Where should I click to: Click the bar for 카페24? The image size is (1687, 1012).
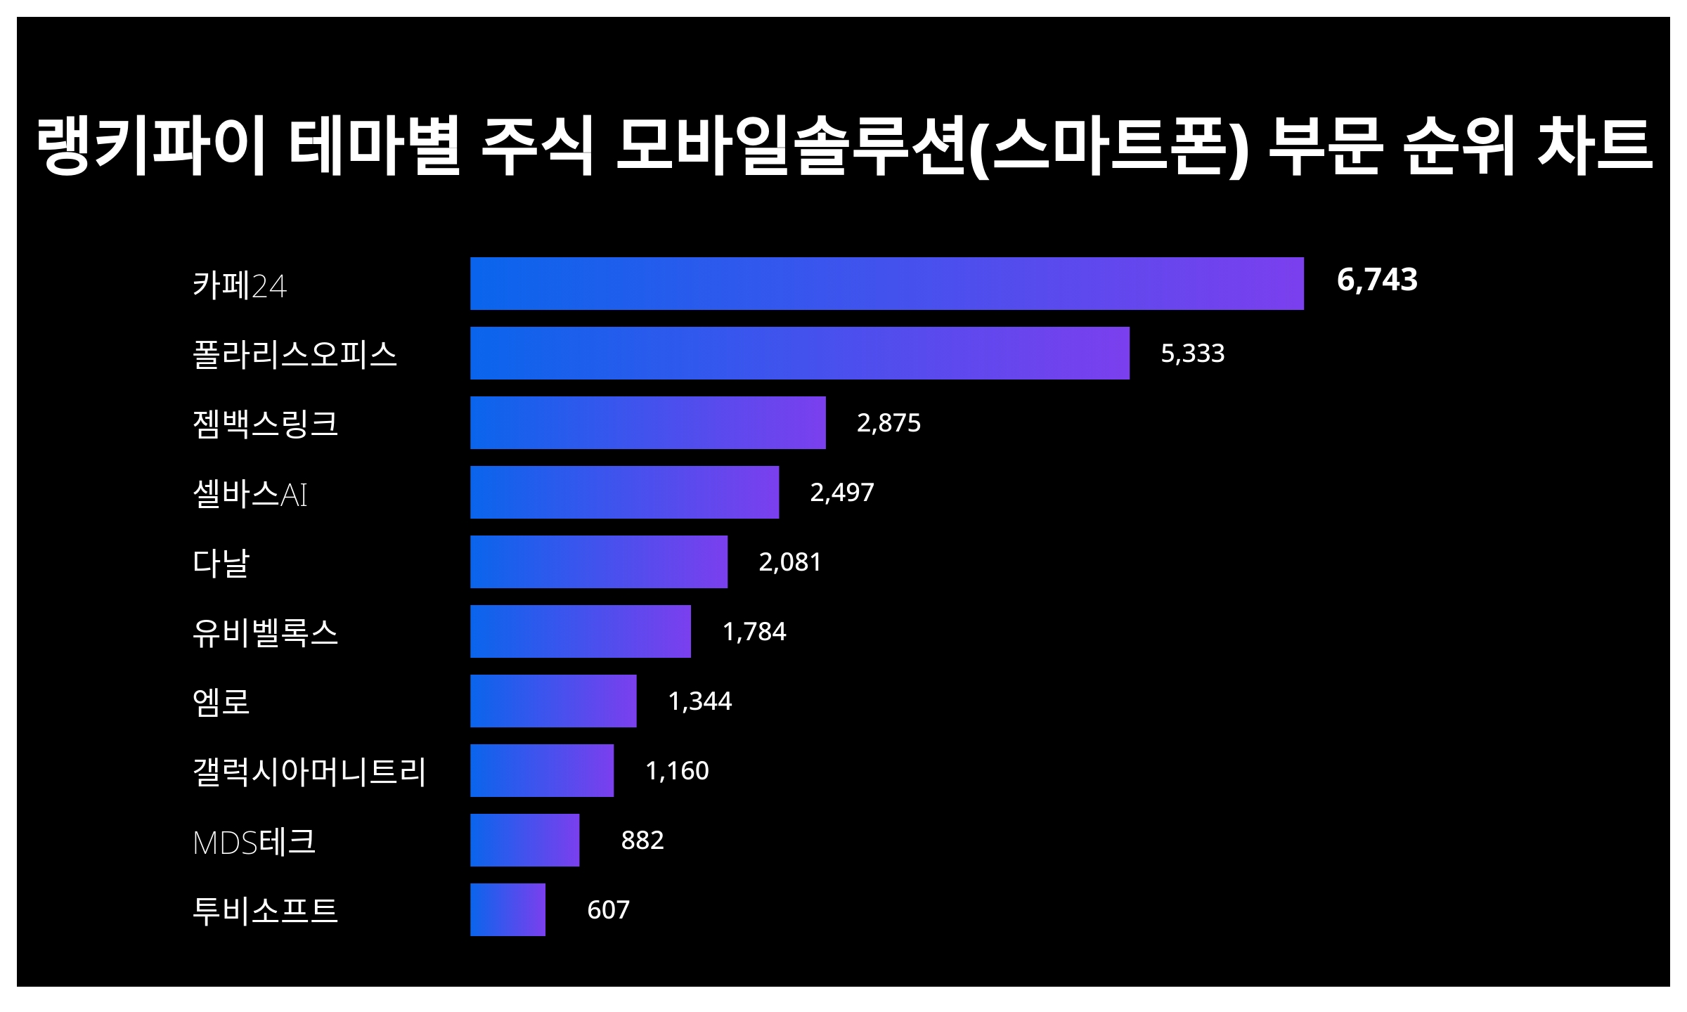[x=886, y=283]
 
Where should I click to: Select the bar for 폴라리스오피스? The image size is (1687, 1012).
[x=799, y=353]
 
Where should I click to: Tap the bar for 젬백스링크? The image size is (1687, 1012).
[x=647, y=422]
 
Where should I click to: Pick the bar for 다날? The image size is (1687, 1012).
[x=598, y=562]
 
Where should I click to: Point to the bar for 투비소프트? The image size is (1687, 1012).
[x=508, y=909]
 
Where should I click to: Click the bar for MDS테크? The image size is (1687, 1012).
[x=524, y=840]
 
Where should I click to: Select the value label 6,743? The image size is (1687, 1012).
[x=1376, y=280]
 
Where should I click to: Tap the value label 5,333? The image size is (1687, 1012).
[x=1192, y=353]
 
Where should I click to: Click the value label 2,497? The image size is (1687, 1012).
[x=841, y=492]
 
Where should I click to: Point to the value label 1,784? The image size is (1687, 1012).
[x=754, y=631]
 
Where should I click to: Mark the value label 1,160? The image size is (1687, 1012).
[x=676, y=770]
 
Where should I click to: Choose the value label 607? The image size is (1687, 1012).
[x=608, y=909]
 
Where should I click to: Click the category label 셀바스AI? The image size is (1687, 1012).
[x=250, y=493]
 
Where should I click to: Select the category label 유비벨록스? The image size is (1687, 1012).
[x=265, y=632]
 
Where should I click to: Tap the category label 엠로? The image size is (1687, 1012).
[x=221, y=701]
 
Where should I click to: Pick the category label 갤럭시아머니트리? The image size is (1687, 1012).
[x=309, y=771]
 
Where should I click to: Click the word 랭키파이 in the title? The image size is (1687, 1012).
[x=150, y=145]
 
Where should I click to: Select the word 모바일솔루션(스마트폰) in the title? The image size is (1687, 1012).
[x=931, y=145]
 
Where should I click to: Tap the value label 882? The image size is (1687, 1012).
[x=642, y=840]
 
